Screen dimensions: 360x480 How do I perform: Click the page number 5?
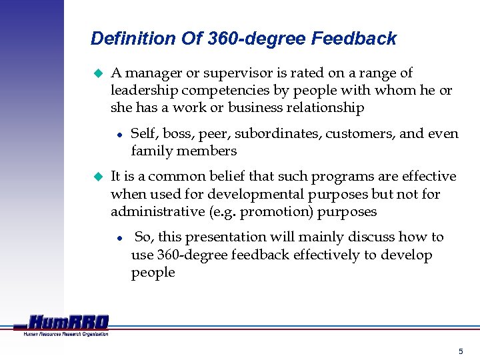click(x=460, y=351)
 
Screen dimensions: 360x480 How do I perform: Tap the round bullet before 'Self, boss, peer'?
click(x=118, y=134)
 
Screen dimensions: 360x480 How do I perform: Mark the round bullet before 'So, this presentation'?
click(x=118, y=238)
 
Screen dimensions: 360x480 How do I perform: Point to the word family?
click(x=151, y=151)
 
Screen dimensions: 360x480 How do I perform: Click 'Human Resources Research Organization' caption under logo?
click(x=66, y=334)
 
